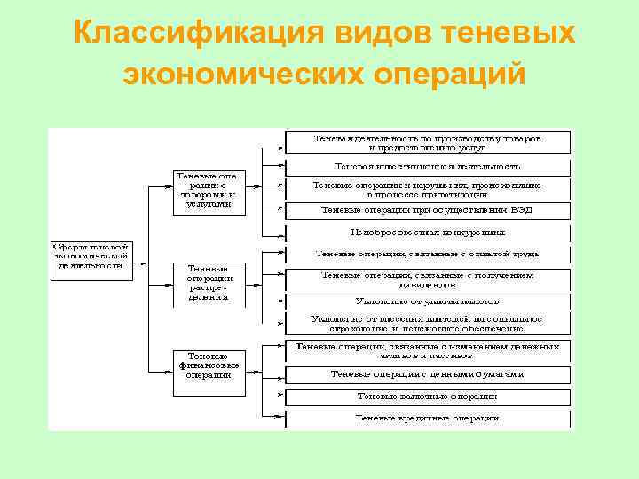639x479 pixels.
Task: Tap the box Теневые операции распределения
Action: coord(209,282)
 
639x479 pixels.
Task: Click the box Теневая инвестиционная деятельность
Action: coord(427,166)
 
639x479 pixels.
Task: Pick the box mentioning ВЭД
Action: coord(427,210)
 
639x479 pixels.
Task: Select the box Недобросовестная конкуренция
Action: coord(427,232)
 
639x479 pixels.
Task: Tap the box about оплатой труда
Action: coord(427,254)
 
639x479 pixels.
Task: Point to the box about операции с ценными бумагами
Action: coord(427,374)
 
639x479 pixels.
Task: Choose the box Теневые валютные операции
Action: coord(427,397)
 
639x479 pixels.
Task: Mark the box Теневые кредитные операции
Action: coord(427,418)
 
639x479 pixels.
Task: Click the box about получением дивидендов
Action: coord(427,279)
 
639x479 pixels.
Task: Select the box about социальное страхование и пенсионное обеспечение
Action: coord(427,323)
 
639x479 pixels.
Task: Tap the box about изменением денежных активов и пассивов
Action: coord(427,351)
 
